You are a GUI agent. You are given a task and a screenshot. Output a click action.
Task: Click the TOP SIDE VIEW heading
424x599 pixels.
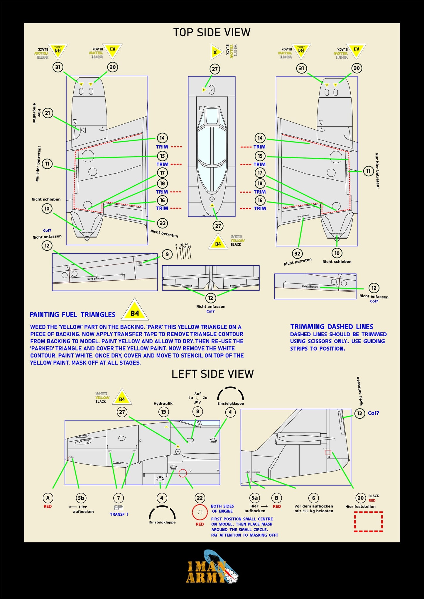click(212, 32)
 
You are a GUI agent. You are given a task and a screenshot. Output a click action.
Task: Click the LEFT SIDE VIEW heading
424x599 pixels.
click(212, 374)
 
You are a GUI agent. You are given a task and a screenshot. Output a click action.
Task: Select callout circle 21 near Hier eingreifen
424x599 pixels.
click(48, 113)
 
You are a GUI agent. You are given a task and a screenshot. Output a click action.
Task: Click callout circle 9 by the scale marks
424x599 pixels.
click(167, 254)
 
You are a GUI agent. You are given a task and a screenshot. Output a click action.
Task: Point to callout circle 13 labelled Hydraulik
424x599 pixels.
click(163, 412)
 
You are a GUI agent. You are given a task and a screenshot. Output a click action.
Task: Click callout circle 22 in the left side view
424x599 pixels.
click(200, 498)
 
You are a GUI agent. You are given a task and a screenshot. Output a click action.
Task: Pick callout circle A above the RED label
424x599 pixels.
click(48, 498)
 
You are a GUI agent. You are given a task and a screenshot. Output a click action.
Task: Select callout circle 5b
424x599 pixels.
click(81, 498)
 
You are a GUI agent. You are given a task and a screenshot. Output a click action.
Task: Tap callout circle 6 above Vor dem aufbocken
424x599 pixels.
click(313, 498)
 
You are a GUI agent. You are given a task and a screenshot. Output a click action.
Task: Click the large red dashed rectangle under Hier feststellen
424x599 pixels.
click(368, 522)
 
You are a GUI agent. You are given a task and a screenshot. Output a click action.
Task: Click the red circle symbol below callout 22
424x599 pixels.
click(200, 512)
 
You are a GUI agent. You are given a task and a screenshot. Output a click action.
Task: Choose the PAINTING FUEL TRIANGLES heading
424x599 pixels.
click(72, 315)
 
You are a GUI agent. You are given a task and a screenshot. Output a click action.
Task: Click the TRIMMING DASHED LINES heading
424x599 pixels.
click(332, 327)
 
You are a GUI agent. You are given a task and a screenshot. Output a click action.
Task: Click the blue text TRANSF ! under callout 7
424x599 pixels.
click(119, 514)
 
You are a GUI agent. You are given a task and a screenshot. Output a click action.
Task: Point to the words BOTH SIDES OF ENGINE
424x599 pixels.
click(222, 508)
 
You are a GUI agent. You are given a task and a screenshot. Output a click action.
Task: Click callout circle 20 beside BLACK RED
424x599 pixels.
click(360, 498)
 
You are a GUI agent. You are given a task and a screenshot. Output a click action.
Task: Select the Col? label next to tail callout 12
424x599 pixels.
click(374, 413)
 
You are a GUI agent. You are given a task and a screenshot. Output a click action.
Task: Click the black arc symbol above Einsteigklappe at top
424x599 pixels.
click(230, 393)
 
